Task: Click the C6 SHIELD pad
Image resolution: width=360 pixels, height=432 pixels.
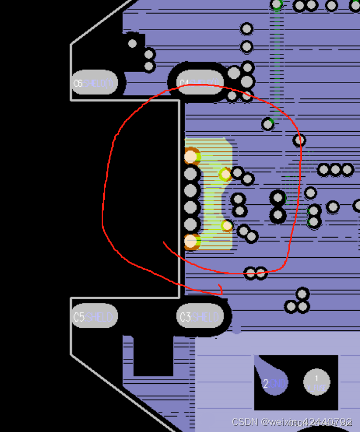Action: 93,83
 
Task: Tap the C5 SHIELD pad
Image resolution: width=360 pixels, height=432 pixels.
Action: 94,317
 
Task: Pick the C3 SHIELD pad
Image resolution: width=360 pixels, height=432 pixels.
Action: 200,317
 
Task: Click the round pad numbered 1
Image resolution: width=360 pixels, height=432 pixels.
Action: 316,382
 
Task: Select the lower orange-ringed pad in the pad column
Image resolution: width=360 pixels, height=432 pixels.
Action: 191,241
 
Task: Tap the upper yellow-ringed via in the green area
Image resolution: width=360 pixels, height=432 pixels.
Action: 225,174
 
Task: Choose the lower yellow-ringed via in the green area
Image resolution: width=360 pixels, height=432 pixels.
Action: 227,226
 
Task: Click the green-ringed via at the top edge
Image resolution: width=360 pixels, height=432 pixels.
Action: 277,5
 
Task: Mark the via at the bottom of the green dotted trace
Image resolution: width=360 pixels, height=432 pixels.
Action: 268,124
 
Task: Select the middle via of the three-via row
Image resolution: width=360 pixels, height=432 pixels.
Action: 336,170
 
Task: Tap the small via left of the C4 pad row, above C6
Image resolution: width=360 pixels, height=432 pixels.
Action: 133,44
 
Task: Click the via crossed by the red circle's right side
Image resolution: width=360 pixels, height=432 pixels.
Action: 299,140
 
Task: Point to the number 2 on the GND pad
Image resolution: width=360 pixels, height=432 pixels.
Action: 266,384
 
